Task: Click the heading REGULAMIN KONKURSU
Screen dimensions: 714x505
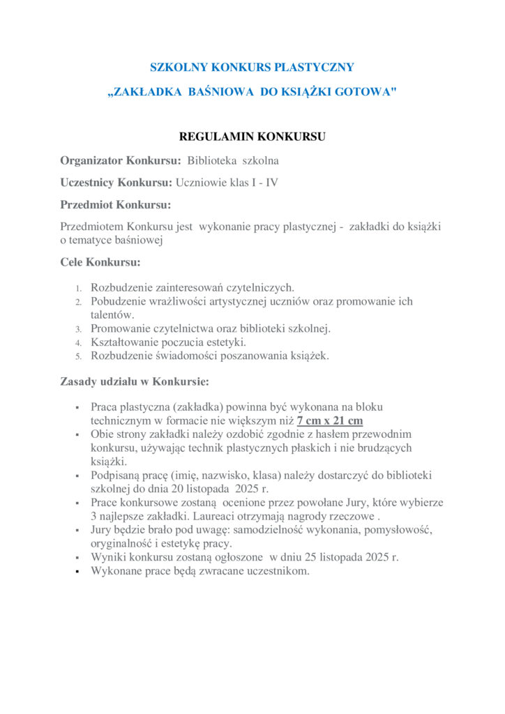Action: click(252, 136)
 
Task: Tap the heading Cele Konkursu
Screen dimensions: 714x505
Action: click(100, 262)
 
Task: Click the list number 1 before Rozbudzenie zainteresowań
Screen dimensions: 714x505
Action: click(79, 288)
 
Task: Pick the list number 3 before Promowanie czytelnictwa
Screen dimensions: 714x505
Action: click(79, 328)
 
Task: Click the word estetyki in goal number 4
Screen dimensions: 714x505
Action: click(227, 342)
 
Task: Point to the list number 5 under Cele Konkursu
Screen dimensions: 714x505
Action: click(79, 356)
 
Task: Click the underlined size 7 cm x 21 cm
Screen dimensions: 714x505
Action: click(330, 420)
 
